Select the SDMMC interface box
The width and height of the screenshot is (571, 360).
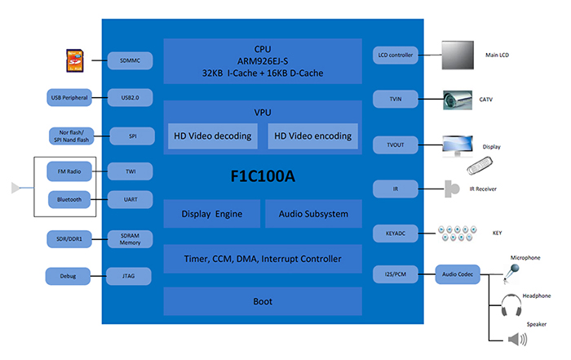pyautogui.click(x=131, y=60)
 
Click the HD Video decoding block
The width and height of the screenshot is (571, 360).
pyautogui.click(x=213, y=136)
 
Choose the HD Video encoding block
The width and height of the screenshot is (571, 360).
pyautogui.click(x=312, y=136)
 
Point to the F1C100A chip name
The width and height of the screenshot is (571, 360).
pyautogui.click(x=262, y=176)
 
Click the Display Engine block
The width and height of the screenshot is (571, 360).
pyautogui.click(x=211, y=214)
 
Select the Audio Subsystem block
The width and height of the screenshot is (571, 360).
pyautogui.click(x=312, y=214)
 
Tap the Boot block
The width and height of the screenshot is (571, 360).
pyautogui.click(x=262, y=301)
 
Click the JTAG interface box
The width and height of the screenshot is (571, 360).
pyautogui.click(x=131, y=277)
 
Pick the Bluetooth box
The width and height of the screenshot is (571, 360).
pyautogui.click(x=71, y=198)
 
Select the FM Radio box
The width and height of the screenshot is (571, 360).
pyautogui.click(x=71, y=171)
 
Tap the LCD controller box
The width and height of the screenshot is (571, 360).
pyautogui.click(x=396, y=56)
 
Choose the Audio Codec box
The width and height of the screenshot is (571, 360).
pyautogui.click(x=458, y=273)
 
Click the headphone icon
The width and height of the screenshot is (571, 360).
pyautogui.click(x=512, y=307)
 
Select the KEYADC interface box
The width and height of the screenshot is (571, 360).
pyautogui.click(x=396, y=233)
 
